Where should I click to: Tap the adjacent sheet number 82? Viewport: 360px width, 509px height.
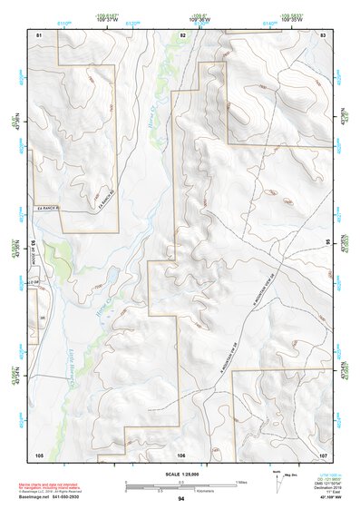click(x=182, y=34)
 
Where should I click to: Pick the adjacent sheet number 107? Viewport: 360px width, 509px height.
click(x=324, y=454)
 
